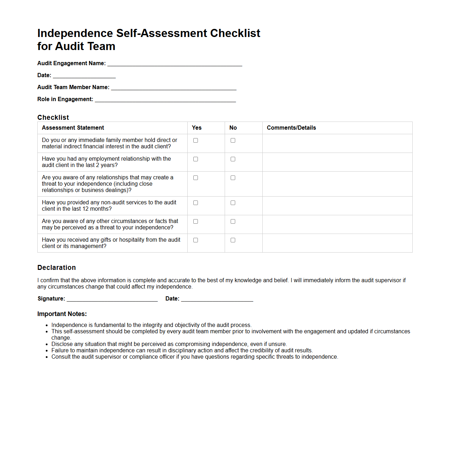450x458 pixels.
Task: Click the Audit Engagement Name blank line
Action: (175, 63)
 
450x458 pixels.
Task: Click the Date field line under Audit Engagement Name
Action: (84, 75)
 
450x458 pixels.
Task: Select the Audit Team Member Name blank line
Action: (174, 87)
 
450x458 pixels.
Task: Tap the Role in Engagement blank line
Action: (165, 99)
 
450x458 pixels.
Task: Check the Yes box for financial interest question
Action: (196, 141)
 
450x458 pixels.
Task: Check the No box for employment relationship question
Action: (233, 159)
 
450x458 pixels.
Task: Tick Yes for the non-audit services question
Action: (196, 203)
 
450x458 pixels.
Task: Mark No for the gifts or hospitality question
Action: (233, 240)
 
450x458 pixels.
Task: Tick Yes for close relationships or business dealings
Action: (196, 178)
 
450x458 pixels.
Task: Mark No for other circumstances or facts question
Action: (233, 222)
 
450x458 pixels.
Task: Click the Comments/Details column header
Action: (291, 128)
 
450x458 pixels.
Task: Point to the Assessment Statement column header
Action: (73, 128)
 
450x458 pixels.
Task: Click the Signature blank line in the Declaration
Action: (112, 299)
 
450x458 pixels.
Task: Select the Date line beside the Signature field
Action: (217, 299)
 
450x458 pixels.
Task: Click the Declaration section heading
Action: (57, 268)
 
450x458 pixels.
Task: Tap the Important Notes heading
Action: (62, 314)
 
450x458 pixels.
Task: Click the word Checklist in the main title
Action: (235, 33)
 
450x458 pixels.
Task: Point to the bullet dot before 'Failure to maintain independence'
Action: (47, 351)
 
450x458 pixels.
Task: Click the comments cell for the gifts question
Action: (337, 243)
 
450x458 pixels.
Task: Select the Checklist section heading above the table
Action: (53, 118)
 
